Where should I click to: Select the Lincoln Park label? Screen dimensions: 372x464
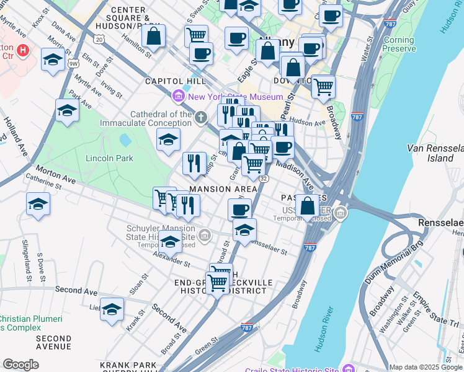[110, 158]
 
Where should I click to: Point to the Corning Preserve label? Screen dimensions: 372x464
[399, 44]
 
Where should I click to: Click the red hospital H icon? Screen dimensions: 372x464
[24, 50]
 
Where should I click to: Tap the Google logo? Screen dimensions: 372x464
[21, 364]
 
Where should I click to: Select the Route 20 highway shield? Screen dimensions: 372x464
[99, 38]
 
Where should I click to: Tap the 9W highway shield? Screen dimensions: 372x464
[73, 63]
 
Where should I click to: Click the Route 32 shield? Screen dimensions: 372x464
[264, 179]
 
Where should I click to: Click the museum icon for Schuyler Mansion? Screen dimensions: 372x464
[205, 236]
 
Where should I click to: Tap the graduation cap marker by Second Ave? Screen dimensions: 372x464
[112, 309]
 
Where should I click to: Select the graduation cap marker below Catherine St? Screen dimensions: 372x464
[38, 204]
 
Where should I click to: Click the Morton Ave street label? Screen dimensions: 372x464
[55, 174]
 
